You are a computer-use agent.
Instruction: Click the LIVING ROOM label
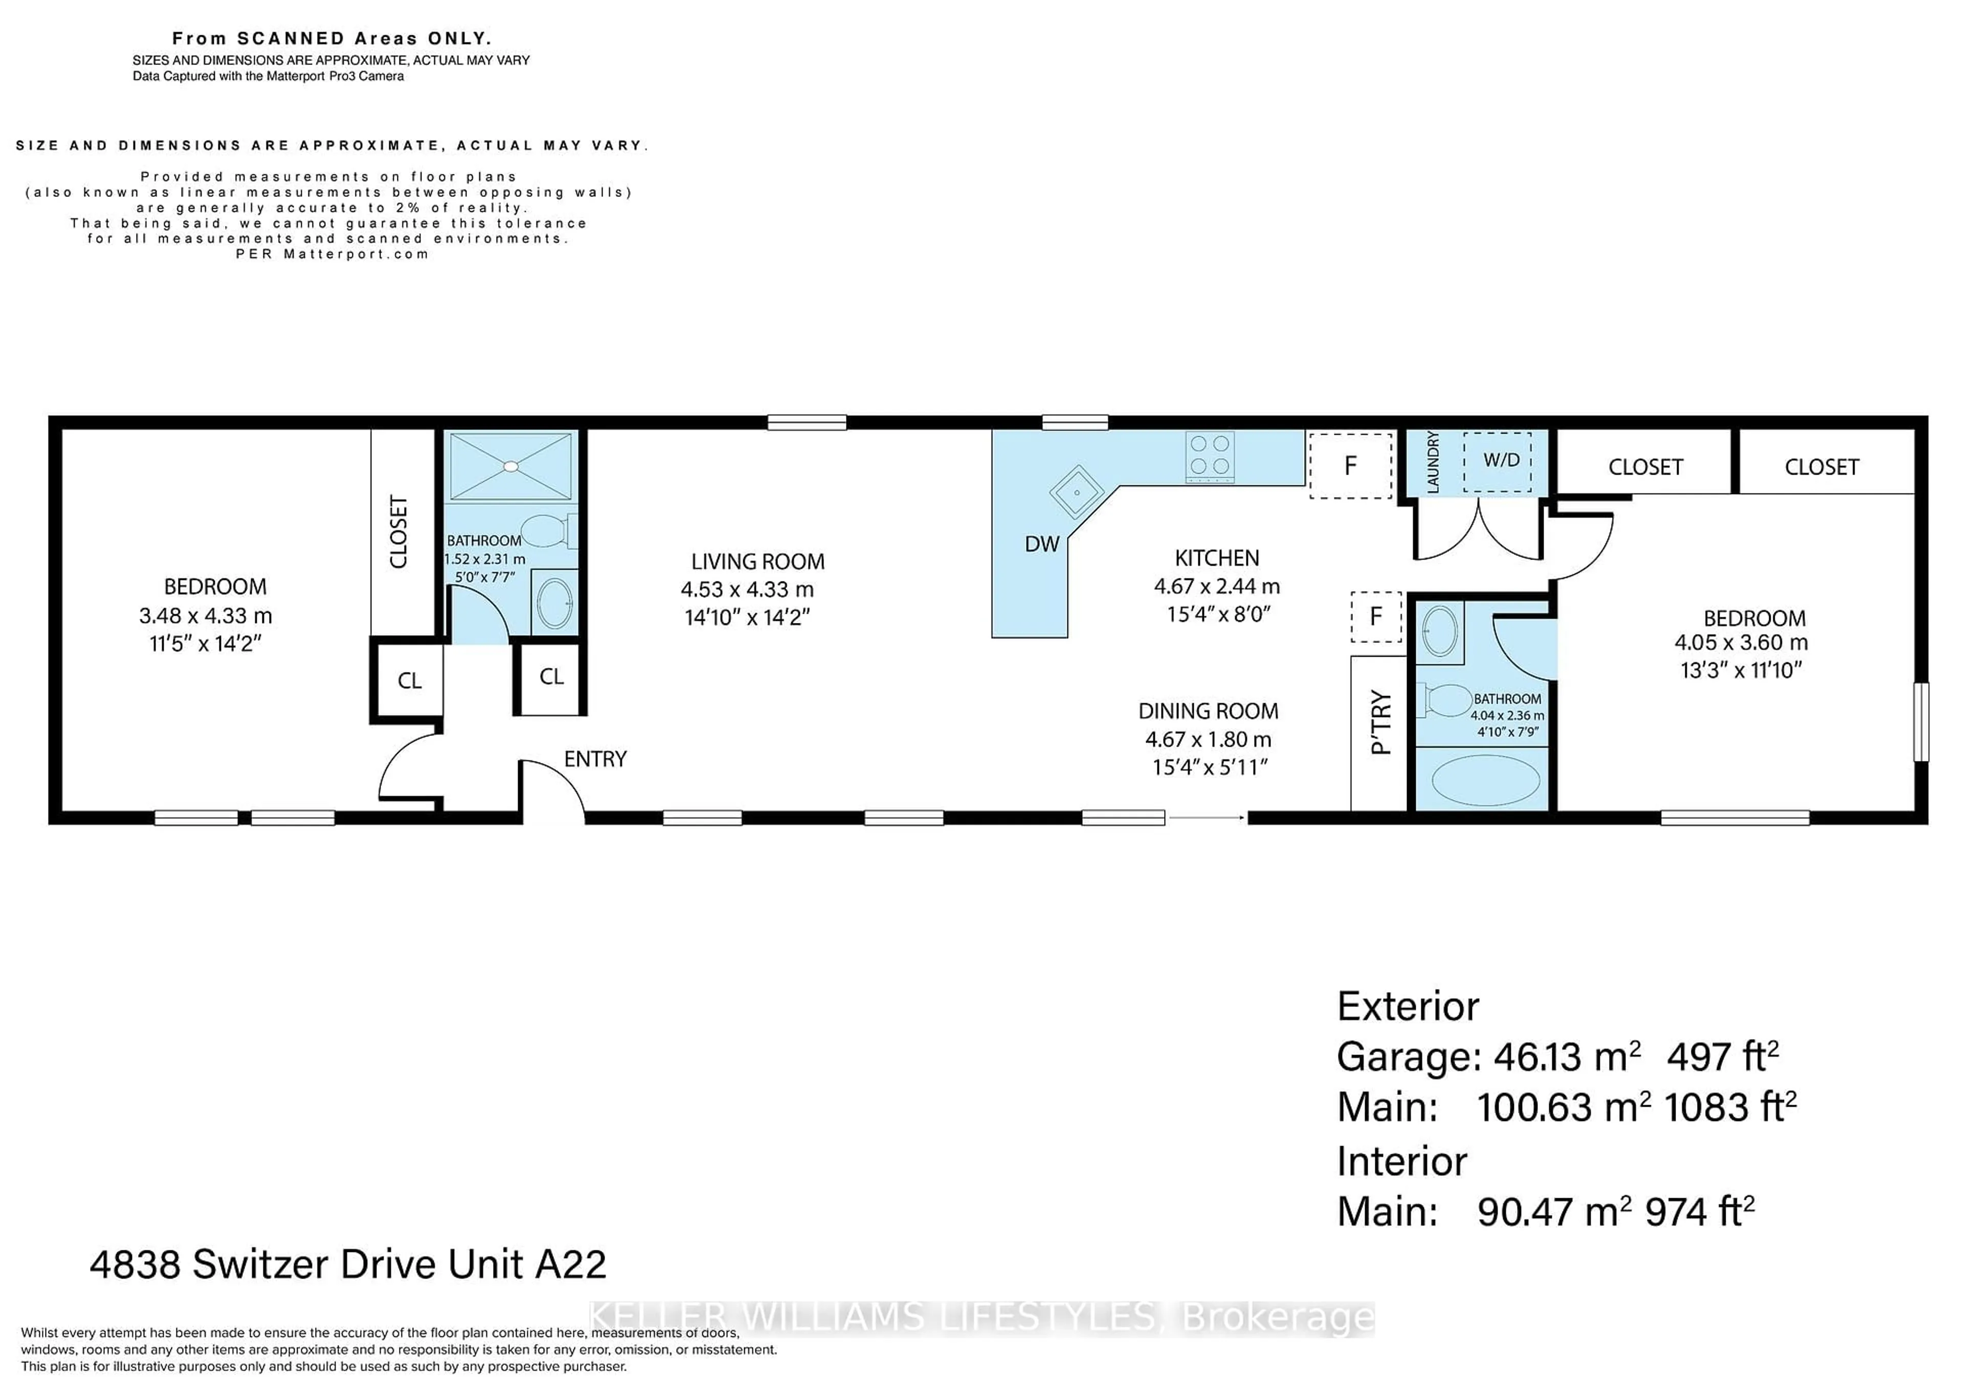pos(758,562)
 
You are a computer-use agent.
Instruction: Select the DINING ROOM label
pos(1208,711)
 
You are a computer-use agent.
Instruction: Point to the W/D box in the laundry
pos(1497,462)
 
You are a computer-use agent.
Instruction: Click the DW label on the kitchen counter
pos(1042,544)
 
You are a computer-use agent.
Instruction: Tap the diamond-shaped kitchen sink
pos(1078,492)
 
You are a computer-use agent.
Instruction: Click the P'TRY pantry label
pos(1380,723)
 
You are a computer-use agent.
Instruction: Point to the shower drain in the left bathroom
pos(510,466)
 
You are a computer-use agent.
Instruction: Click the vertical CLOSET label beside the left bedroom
pos(398,531)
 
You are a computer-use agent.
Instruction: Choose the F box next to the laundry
pos(1351,465)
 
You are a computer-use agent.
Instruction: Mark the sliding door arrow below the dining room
pos(1206,818)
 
